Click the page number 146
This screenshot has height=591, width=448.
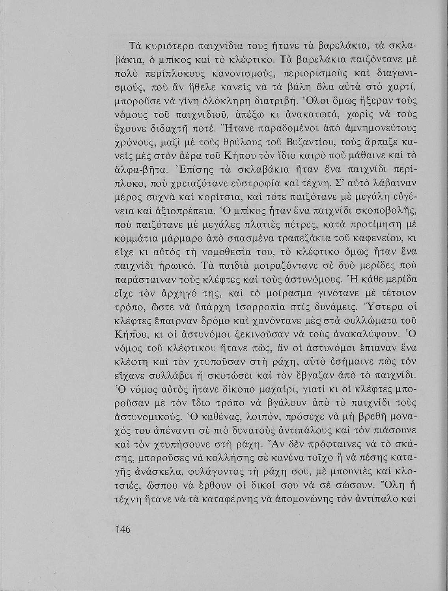tap(122, 529)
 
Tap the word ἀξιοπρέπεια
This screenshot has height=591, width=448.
tap(183, 210)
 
